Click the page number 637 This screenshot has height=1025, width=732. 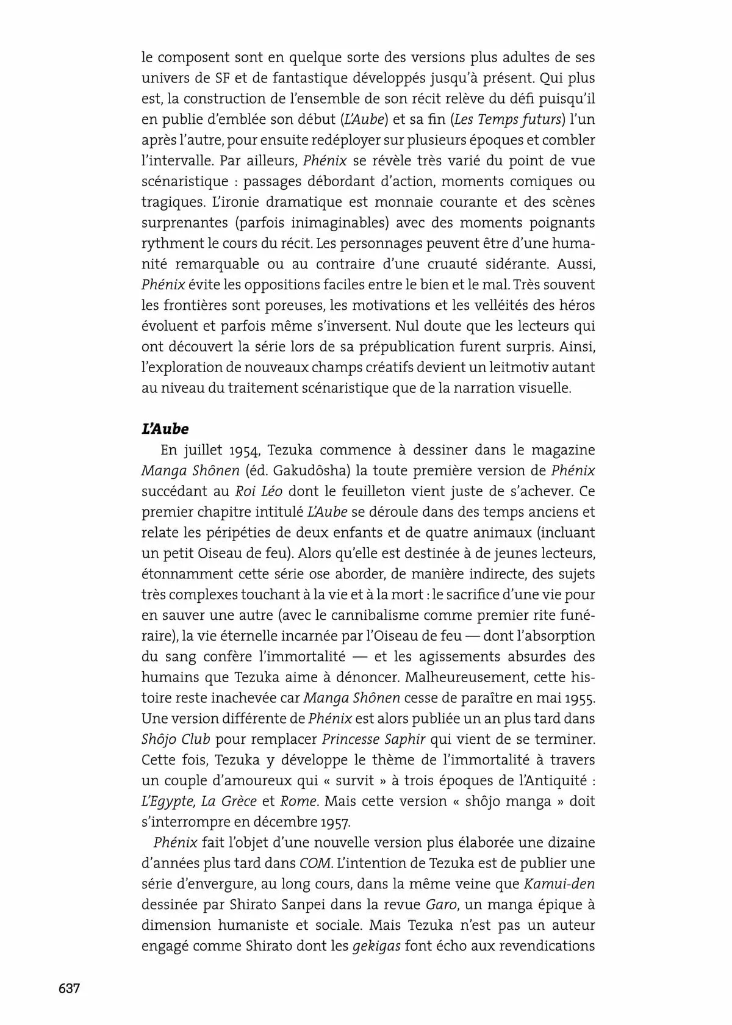(69, 988)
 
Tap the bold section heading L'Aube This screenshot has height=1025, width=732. (165, 428)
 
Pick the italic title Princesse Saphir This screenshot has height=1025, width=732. (373, 739)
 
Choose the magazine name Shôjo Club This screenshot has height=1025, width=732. (176, 739)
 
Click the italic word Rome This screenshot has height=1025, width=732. (299, 801)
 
